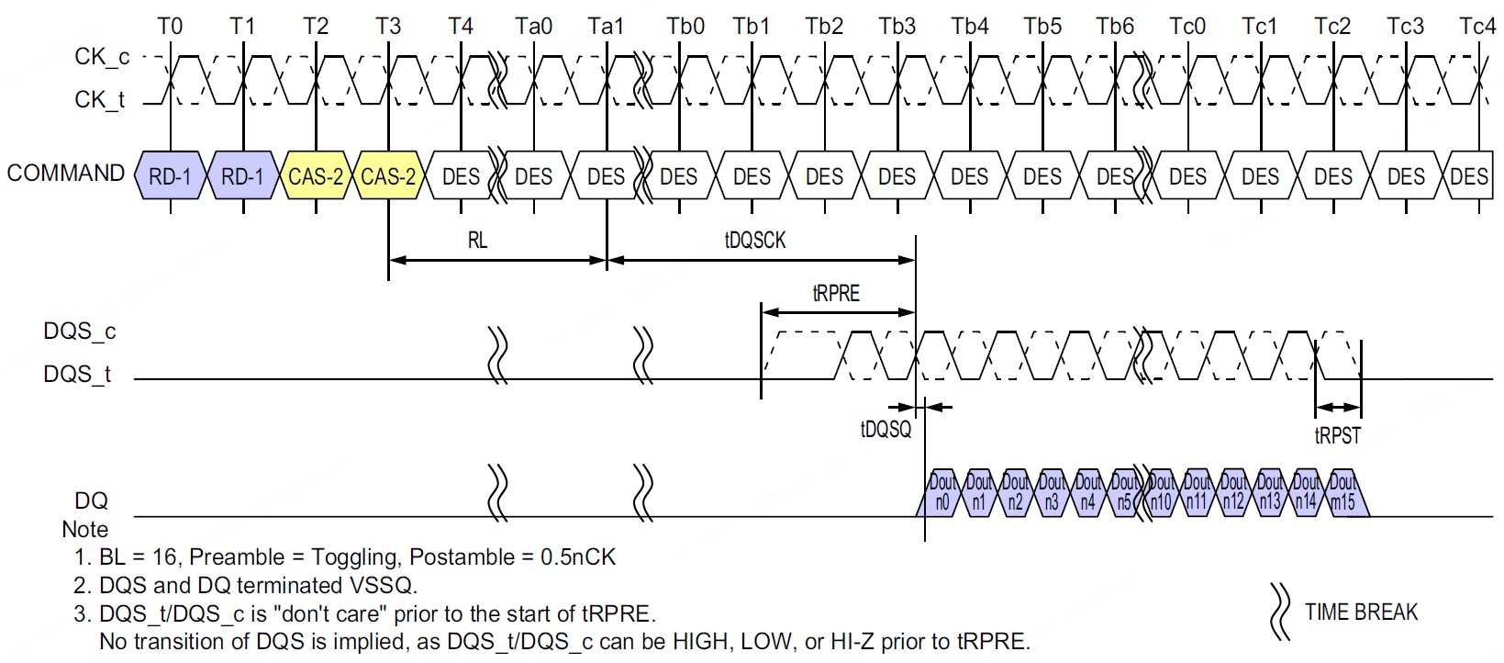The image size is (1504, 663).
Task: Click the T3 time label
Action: [x=388, y=26]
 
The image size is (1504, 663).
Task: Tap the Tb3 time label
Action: [x=897, y=26]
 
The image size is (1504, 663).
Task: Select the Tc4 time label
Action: [x=1477, y=26]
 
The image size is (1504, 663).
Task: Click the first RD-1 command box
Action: [x=170, y=176]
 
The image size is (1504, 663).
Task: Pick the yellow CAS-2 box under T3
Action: [x=388, y=176]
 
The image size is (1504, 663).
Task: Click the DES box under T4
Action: [x=461, y=176]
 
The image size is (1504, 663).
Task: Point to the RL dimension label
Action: [x=477, y=241]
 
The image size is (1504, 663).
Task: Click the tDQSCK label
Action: [x=755, y=241]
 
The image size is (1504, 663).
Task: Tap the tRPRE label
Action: [x=836, y=294]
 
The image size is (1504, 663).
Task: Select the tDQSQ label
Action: [x=886, y=429]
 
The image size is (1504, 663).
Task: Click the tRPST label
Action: [x=1337, y=436]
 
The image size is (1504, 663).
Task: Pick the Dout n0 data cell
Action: [x=942, y=492]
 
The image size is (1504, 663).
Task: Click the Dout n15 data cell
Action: [x=1342, y=492]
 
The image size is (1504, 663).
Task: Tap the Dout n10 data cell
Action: [x=1162, y=492]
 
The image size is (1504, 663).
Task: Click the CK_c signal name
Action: [x=102, y=57]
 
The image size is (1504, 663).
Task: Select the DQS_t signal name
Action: [x=77, y=375]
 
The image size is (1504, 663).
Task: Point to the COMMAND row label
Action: [x=65, y=173]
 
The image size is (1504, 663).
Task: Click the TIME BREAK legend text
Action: [x=1361, y=612]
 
